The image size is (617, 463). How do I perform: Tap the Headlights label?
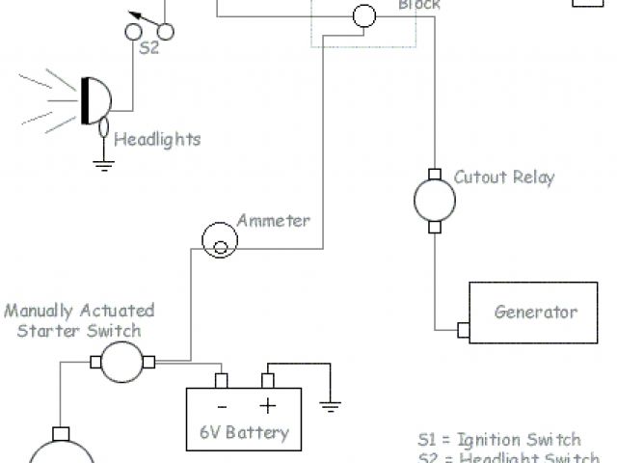coord(157,140)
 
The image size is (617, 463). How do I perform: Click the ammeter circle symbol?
coord(220,240)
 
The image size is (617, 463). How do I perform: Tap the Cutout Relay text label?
coord(504,177)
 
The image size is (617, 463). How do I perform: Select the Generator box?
coord(535,312)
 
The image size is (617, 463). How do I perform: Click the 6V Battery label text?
coord(244,432)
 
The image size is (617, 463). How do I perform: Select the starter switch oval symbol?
coord(121,363)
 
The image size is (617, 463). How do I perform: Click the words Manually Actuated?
coord(79,311)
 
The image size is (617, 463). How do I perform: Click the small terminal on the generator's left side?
coord(463,329)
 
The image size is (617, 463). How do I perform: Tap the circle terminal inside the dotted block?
coord(364,16)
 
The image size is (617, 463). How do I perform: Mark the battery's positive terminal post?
coord(268,379)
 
